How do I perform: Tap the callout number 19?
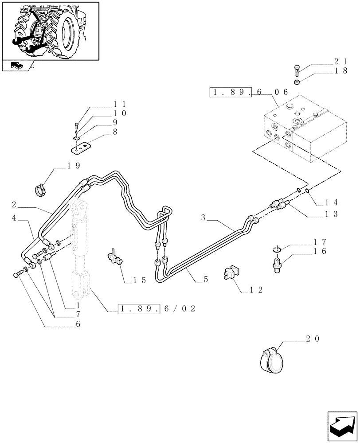pyautogui.click(x=74, y=166)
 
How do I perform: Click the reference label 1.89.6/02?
pyautogui.click(x=157, y=309)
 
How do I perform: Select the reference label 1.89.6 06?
pyautogui.click(x=249, y=93)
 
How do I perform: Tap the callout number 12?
pyautogui.click(x=256, y=290)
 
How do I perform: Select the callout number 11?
pyautogui.click(x=120, y=104)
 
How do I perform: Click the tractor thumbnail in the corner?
pyautogui.click(x=50, y=31)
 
